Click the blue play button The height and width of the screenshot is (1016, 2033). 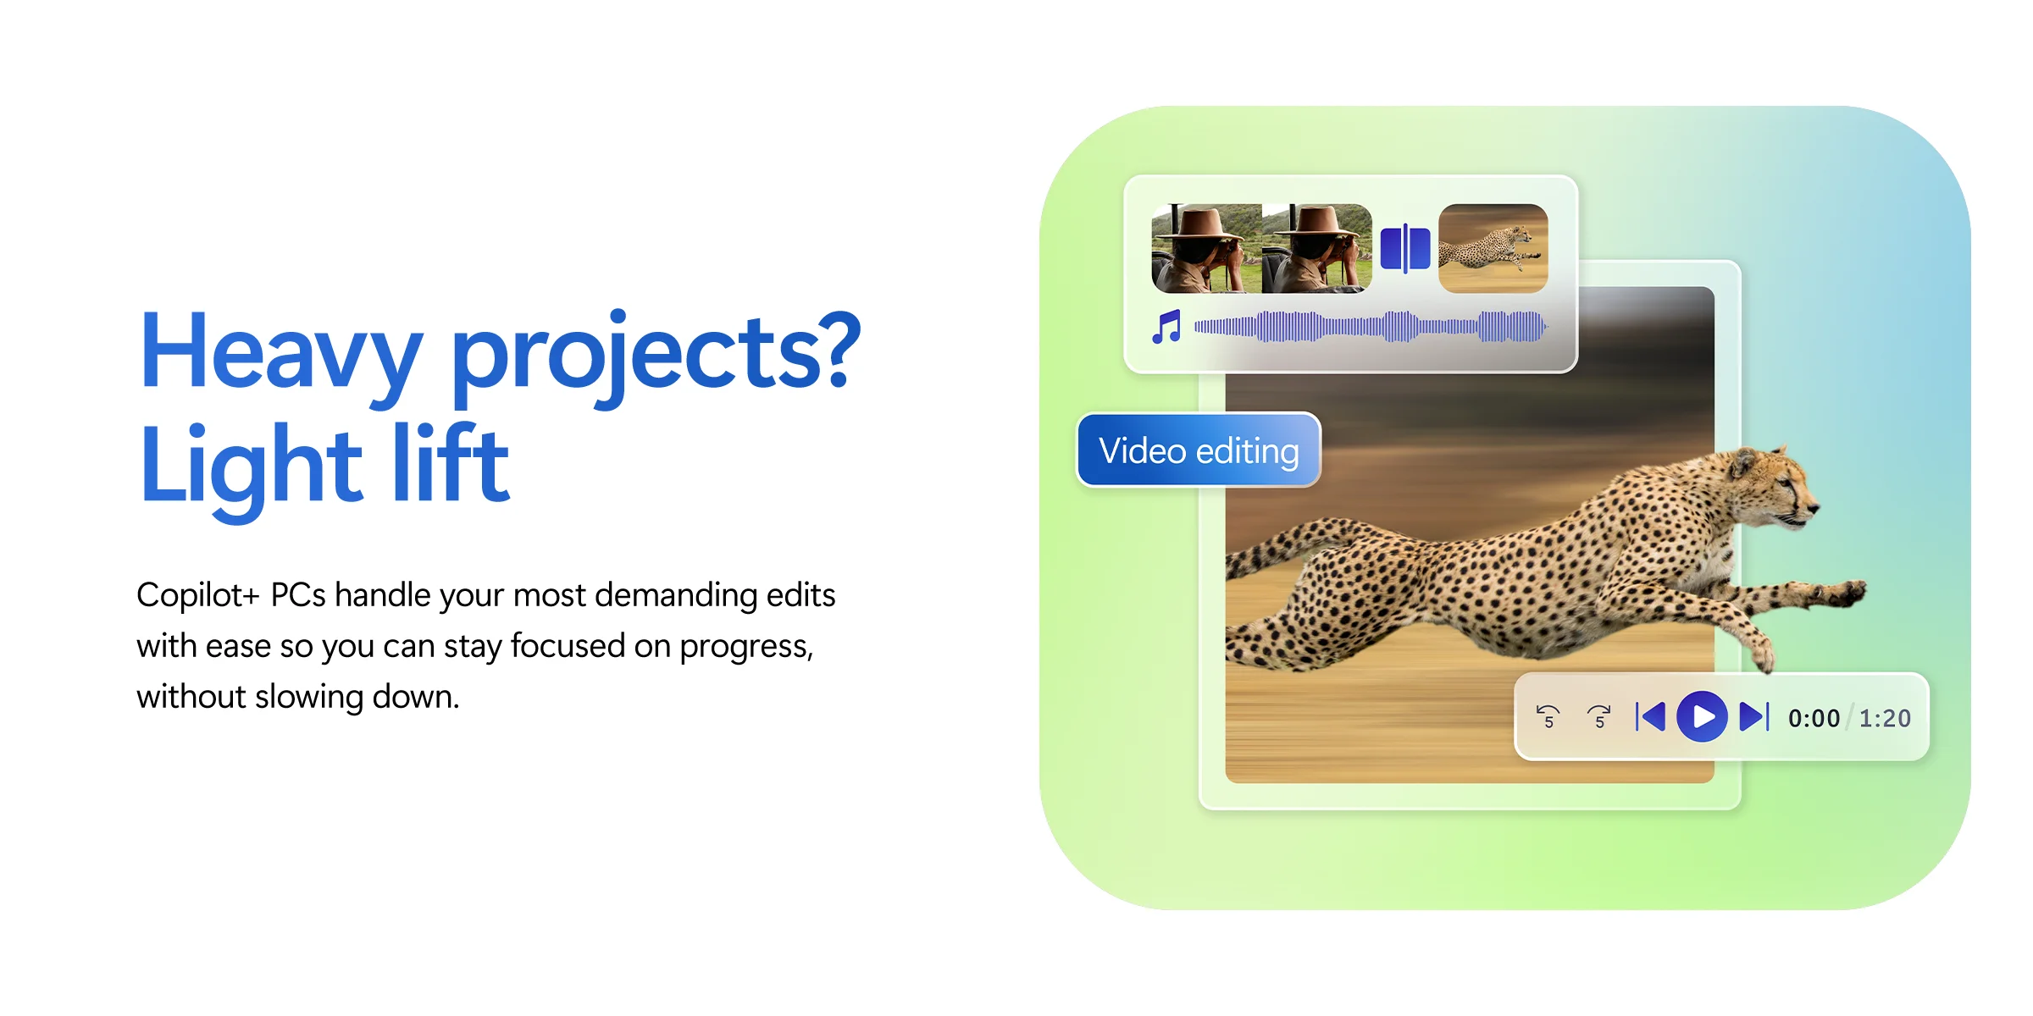pyautogui.click(x=1702, y=716)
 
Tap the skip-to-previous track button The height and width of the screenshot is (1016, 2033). pyautogui.click(x=1650, y=716)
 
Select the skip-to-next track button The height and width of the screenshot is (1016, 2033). pyautogui.click(x=1754, y=716)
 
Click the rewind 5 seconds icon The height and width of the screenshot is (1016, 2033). pyautogui.click(x=1548, y=716)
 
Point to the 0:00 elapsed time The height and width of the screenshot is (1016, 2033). pyautogui.click(x=1814, y=718)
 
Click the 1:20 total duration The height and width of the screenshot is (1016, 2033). pyautogui.click(x=1885, y=718)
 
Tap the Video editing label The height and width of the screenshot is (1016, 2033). pyautogui.click(x=1199, y=450)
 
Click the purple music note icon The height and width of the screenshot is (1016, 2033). pyautogui.click(x=1166, y=327)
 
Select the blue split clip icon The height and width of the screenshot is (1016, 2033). pyautogui.click(x=1405, y=248)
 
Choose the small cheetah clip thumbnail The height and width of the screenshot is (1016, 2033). pyautogui.click(x=1493, y=248)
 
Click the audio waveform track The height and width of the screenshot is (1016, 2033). pyautogui.click(x=1371, y=327)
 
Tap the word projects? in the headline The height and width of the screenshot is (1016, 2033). pyautogui.click(x=656, y=356)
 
